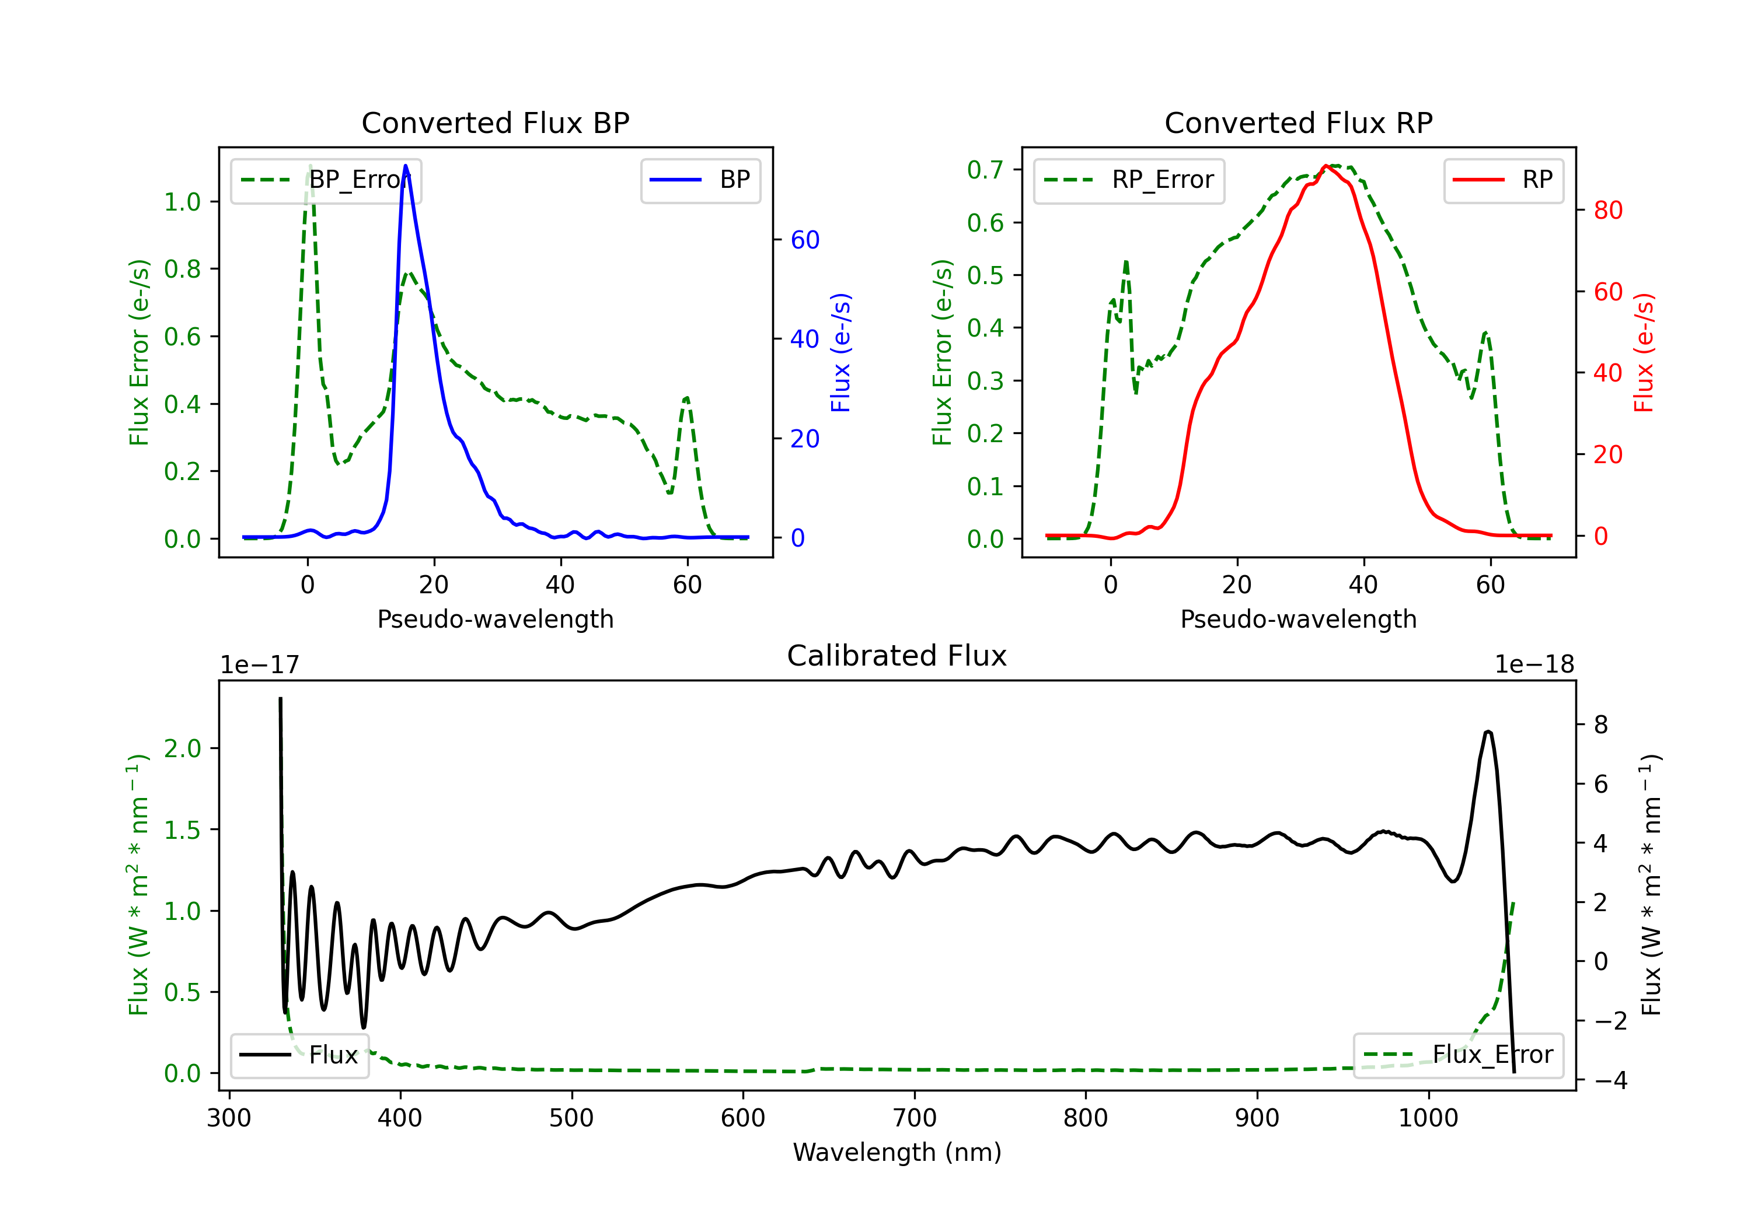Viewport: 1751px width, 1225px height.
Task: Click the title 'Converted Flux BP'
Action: [x=495, y=123]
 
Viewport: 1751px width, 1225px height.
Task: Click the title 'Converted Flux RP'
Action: [x=1298, y=123]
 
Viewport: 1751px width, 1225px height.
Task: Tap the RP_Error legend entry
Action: [x=1129, y=181]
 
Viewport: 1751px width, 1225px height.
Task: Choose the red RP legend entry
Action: [x=1502, y=181]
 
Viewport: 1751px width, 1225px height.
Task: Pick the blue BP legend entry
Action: [x=700, y=181]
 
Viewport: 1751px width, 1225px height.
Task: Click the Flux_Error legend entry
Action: [x=1457, y=1055]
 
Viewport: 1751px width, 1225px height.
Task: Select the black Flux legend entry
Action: [x=300, y=1055]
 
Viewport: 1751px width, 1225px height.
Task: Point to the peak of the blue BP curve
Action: [x=406, y=166]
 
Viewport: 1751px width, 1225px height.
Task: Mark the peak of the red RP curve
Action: [x=1326, y=166]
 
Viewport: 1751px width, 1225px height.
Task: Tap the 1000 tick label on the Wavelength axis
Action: [x=1428, y=1118]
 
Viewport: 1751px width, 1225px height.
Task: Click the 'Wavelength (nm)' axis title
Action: [x=897, y=1152]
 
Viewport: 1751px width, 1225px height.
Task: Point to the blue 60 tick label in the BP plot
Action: [x=804, y=240]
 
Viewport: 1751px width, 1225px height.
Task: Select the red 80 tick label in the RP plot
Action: [x=1607, y=211]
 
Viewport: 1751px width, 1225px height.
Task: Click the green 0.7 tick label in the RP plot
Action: [x=985, y=170]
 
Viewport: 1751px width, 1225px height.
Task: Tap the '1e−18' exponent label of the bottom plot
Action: [x=1534, y=665]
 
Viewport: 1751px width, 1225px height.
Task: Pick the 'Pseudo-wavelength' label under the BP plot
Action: [x=495, y=619]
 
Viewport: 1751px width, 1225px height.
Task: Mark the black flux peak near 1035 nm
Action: [x=1488, y=732]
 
